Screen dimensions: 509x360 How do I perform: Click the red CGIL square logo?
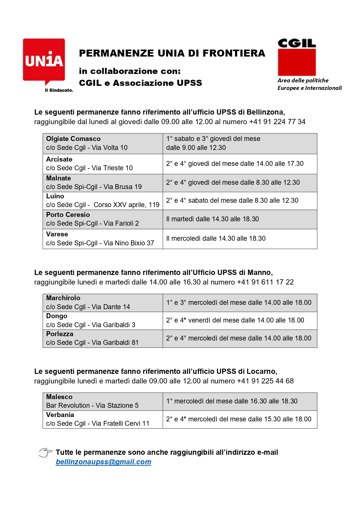[x=297, y=62]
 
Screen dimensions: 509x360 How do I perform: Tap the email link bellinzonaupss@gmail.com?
[x=103, y=462]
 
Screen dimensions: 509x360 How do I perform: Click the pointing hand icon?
[x=45, y=452]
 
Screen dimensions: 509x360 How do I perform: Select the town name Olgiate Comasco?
[x=73, y=139]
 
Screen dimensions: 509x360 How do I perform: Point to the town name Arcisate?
[x=59, y=159]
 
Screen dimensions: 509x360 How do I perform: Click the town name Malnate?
[x=58, y=178]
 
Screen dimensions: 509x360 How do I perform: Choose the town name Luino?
[x=55, y=196]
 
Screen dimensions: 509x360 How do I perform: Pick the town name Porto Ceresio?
[x=68, y=215]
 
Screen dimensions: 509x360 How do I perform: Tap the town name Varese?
[x=57, y=234]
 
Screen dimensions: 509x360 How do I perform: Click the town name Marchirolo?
[x=63, y=298]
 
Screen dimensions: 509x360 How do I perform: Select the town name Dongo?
[x=57, y=316]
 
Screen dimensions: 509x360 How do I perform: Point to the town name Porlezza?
[x=59, y=334]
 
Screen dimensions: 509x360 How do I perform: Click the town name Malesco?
[x=59, y=397]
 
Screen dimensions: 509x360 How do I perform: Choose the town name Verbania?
[x=60, y=415]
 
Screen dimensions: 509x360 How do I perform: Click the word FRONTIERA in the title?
[x=234, y=53]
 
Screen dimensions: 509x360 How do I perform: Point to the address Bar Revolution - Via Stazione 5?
[x=92, y=405]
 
